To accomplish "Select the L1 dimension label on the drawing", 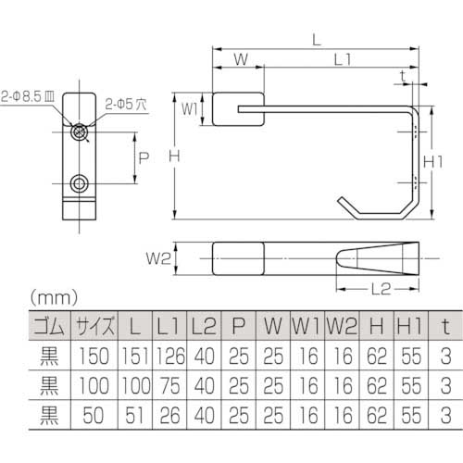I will (340, 59).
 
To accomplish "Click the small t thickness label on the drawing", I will (400, 74).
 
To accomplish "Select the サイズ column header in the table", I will (95, 326).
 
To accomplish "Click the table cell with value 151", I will (136, 354).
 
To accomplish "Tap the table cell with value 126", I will (168, 354).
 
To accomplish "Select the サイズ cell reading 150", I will (95, 354).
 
